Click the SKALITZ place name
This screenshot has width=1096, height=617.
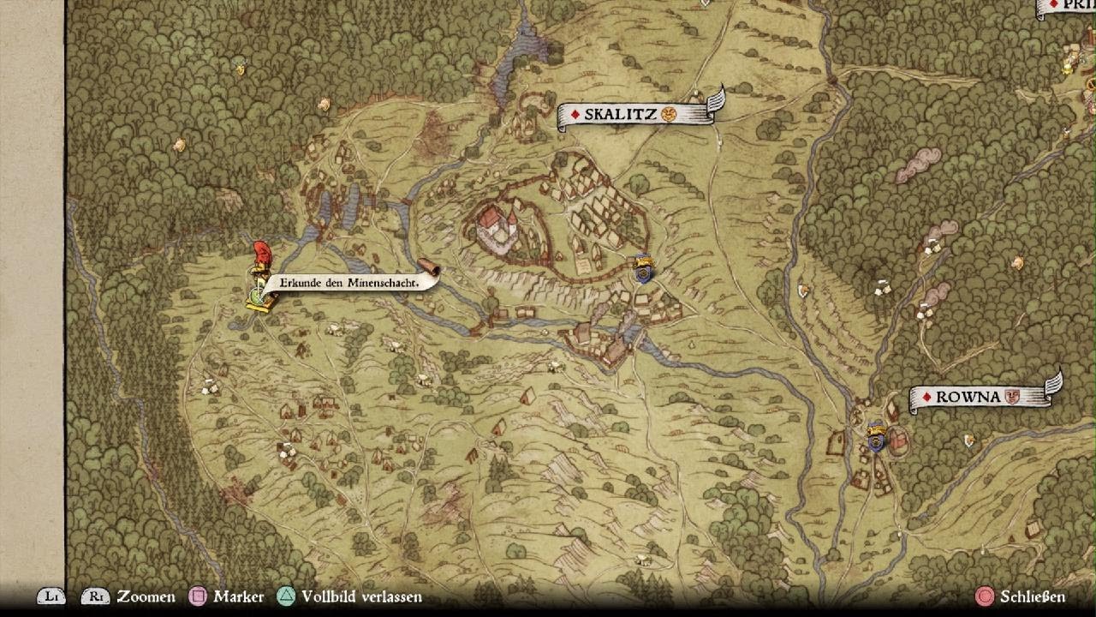click(621, 114)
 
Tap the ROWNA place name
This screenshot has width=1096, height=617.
click(968, 397)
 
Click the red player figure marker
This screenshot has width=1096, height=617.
click(260, 255)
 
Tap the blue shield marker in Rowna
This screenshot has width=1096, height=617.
click(876, 436)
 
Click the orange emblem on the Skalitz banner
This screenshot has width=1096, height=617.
click(670, 114)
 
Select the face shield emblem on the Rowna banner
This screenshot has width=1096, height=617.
click(1013, 397)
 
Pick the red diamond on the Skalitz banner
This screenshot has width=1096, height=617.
click(575, 115)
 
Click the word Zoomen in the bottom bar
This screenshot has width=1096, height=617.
click(146, 596)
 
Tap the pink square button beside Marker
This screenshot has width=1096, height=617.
click(198, 596)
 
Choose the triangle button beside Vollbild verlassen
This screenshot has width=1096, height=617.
click(286, 596)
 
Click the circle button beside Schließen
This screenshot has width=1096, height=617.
click(985, 596)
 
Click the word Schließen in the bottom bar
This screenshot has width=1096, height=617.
click(1033, 596)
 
